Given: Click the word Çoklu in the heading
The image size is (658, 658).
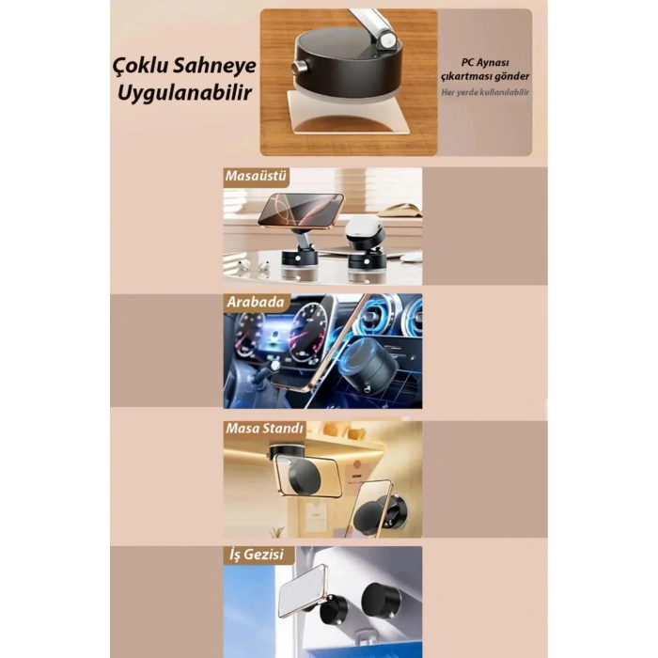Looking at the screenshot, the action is tap(140, 67).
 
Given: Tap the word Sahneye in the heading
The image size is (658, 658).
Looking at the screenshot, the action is tap(214, 67).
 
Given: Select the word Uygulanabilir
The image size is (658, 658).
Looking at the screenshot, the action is tap(184, 93).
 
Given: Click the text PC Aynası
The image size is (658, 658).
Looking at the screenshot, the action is tap(485, 63).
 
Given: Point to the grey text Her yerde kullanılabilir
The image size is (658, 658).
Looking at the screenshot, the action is tap(485, 92).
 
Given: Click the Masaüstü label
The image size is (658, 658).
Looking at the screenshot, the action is tap(256, 176).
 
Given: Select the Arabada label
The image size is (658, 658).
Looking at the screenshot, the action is tap(256, 302).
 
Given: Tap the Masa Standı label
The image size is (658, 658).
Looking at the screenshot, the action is tap(264, 428).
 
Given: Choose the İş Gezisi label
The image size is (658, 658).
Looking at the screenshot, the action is tap(257, 555).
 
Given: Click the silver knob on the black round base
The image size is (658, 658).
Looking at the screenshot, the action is tap(299, 67).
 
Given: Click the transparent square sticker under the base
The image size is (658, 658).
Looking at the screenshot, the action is tap(348, 114).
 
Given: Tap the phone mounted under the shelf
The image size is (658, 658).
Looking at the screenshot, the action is tap(307, 478).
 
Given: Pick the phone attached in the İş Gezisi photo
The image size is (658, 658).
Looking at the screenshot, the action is tap(303, 591).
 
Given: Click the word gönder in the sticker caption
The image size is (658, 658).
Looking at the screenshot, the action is tap(512, 77).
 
